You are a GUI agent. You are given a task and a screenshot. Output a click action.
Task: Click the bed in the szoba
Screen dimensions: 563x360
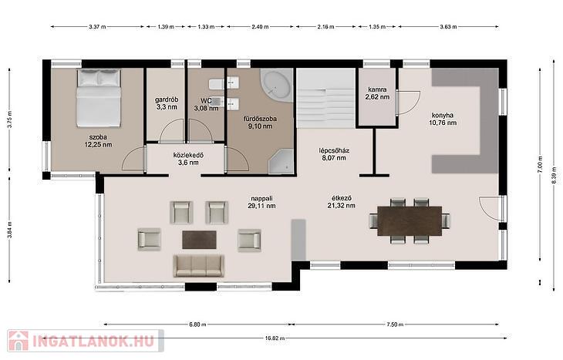coord(99,98)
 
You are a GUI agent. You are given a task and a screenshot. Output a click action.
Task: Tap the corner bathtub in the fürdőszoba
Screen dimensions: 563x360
coord(276,85)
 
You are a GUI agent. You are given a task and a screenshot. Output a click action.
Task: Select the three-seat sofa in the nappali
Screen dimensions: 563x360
coord(198,266)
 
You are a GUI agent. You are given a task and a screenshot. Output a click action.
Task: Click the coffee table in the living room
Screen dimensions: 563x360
coord(199,240)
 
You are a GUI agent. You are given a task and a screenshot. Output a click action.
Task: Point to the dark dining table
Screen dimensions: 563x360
coord(410,220)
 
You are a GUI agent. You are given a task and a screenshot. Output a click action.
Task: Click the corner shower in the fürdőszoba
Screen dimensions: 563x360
coord(281,161)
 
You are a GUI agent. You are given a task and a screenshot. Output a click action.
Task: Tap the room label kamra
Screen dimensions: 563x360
coord(377,89)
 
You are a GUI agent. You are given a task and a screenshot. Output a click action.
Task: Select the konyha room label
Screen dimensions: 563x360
coord(443,115)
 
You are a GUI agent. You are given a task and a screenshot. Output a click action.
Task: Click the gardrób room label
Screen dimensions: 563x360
coord(167,99)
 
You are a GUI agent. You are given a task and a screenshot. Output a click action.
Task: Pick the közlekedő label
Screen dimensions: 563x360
coord(188,155)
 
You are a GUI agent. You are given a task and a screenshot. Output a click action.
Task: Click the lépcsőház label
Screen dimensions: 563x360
coord(334,150)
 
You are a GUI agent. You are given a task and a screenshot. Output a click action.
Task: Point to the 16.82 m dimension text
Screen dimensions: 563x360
coord(275,338)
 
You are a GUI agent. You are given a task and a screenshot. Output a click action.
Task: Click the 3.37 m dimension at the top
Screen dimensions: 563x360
coord(97,26)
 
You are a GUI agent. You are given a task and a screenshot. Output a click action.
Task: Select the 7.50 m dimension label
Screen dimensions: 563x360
coord(395,325)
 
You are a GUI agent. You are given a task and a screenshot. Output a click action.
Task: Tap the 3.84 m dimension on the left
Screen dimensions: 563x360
coord(10,230)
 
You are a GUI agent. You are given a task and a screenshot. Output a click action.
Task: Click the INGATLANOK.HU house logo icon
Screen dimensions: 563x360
coord(19,341)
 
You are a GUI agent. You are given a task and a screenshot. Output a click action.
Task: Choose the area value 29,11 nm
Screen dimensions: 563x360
coord(261,206)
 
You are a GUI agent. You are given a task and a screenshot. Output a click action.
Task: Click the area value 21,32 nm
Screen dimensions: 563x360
coord(342,206)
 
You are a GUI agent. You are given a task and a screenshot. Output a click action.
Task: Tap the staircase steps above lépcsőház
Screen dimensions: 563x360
coord(326,99)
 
